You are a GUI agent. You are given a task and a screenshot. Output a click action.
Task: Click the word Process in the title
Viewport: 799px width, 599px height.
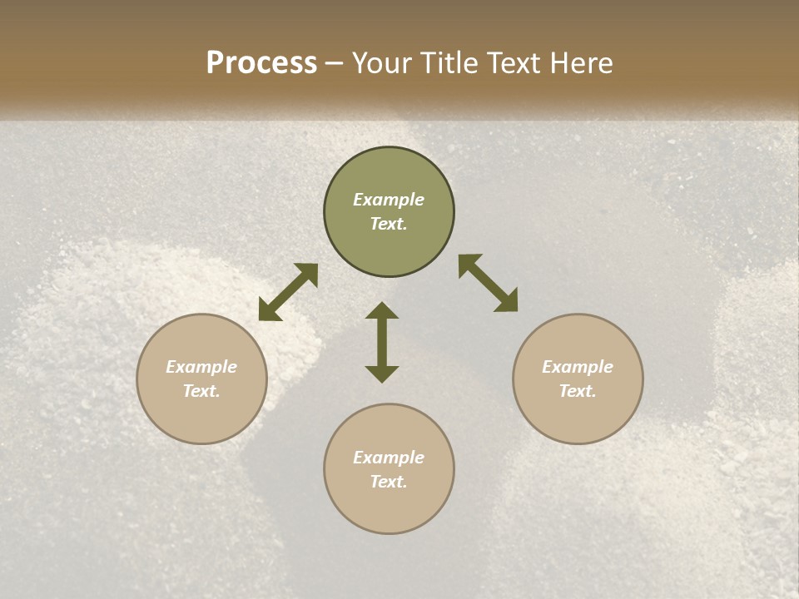[x=261, y=63]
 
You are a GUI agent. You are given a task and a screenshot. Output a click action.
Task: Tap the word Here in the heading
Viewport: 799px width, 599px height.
[x=582, y=63]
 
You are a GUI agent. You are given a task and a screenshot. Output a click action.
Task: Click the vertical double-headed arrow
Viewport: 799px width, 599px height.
[x=382, y=342]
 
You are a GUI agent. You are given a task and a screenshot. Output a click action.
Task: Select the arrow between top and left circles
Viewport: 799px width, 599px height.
[x=288, y=292]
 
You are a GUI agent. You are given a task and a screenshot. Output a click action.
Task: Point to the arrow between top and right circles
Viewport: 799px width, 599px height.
[x=489, y=283]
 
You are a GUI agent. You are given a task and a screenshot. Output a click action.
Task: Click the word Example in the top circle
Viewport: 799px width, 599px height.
[x=389, y=200]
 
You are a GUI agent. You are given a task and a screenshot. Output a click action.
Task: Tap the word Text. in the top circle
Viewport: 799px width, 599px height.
[x=389, y=224]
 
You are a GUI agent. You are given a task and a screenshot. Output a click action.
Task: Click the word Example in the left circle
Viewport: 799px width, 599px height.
[x=201, y=367]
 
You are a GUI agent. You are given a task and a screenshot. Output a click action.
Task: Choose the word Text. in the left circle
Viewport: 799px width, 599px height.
[x=201, y=391]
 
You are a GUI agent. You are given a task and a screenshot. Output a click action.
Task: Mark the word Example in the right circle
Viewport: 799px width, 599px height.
[x=578, y=367]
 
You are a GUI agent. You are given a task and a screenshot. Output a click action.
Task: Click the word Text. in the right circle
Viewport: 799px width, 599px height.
[x=578, y=391]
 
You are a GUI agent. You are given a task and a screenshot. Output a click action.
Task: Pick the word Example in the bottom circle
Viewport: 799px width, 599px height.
[x=389, y=458]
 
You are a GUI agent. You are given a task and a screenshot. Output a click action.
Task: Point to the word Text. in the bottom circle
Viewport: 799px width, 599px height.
[x=389, y=482]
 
